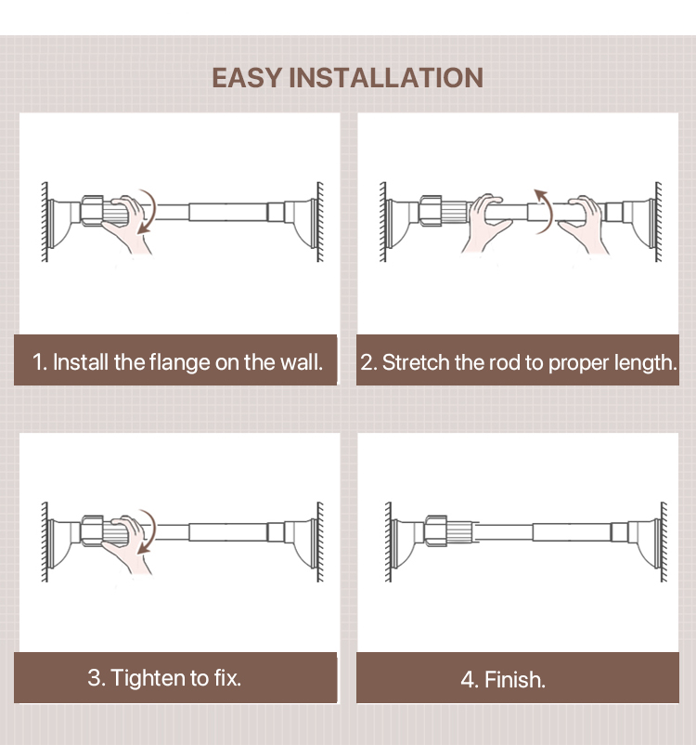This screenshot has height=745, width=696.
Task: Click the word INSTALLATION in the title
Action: (386, 78)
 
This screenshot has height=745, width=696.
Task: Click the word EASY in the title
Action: (248, 78)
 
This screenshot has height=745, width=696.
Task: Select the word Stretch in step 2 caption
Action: (416, 362)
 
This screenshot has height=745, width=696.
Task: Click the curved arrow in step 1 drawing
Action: (148, 212)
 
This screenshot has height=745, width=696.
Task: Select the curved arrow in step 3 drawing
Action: (148, 531)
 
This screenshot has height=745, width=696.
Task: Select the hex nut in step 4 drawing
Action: (435, 530)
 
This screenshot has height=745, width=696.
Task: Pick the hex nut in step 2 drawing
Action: (431, 211)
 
